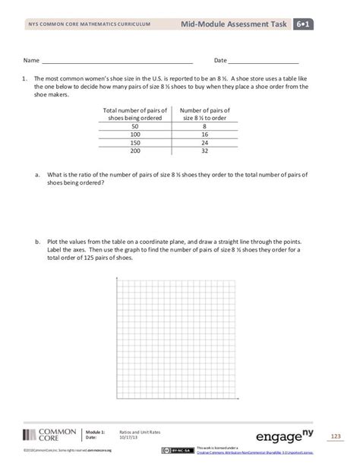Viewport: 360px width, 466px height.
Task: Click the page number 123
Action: (x=336, y=436)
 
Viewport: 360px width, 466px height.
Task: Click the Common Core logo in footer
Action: (x=49, y=435)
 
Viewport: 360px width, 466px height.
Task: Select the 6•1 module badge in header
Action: (x=306, y=25)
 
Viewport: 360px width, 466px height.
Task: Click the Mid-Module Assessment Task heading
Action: (x=233, y=25)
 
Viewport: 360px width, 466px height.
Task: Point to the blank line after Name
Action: (x=116, y=60)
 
